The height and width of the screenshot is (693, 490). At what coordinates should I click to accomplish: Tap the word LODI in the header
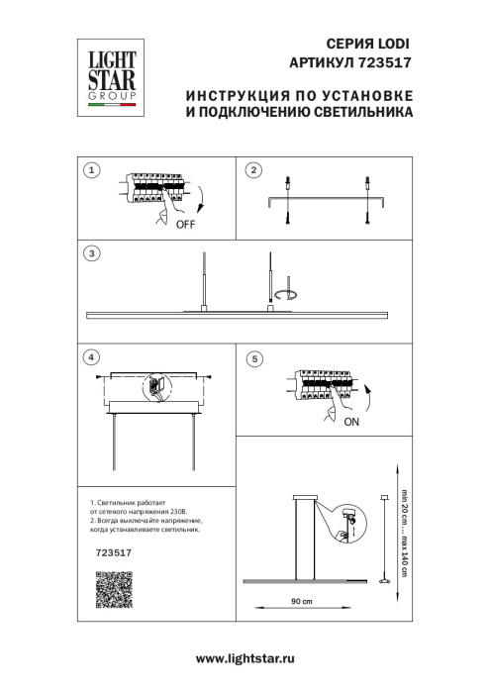(x=390, y=45)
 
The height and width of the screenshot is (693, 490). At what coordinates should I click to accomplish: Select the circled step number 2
(x=252, y=170)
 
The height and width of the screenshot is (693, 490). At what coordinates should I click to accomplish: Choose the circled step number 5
(x=252, y=357)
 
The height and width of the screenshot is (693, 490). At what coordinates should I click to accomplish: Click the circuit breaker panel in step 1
(x=152, y=188)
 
